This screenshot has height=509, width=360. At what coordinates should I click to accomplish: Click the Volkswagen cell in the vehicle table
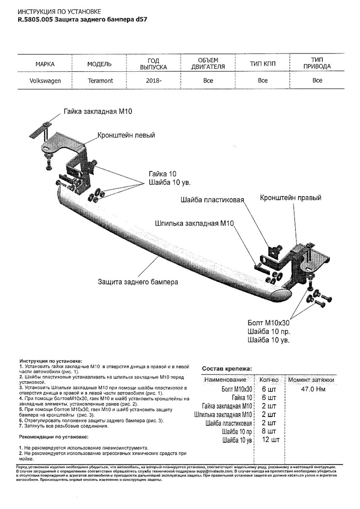click(x=45, y=81)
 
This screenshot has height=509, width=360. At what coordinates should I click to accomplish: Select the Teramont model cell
click(x=100, y=81)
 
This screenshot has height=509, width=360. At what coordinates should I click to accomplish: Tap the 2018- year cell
click(x=153, y=81)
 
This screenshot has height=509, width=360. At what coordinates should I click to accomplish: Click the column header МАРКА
click(x=45, y=64)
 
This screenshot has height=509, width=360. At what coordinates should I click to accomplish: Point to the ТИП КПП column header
click(x=262, y=64)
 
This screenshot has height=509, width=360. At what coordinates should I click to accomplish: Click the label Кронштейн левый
click(x=126, y=135)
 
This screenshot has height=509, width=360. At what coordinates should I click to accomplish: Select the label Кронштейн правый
click(x=290, y=198)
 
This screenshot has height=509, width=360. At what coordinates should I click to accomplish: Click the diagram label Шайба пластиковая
click(x=212, y=199)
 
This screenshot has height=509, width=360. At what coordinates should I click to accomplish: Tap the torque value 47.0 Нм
click(x=313, y=389)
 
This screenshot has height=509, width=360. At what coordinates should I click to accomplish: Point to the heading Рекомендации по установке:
click(x=53, y=436)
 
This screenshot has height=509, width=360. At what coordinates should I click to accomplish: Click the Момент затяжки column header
click(x=311, y=380)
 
